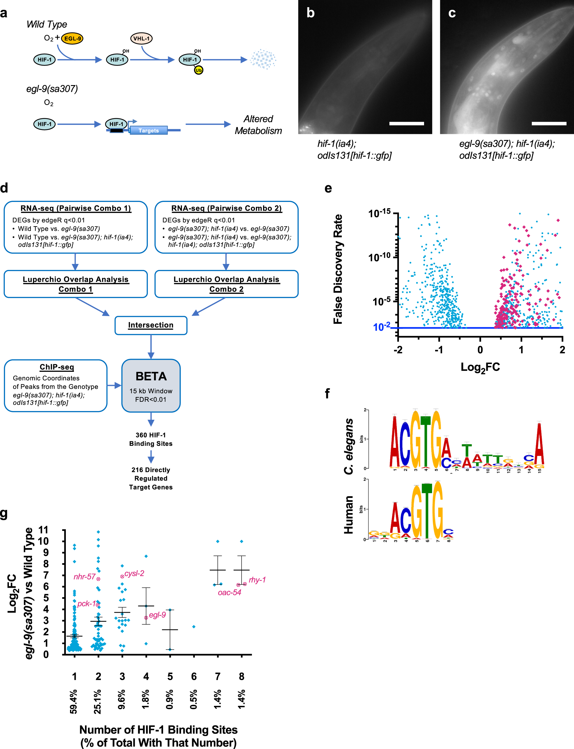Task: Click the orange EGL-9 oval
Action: (72, 38)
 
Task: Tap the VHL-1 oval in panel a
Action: (141, 38)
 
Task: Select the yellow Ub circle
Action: (198, 70)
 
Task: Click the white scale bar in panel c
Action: (549, 123)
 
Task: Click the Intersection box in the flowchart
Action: (151, 325)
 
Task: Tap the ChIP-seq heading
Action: (57, 367)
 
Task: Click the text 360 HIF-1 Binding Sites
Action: (151, 439)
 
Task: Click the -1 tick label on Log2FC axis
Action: (439, 350)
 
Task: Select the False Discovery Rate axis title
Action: (338, 269)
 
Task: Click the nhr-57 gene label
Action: (84, 577)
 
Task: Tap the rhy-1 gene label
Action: (257, 580)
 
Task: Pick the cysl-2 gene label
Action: (134, 573)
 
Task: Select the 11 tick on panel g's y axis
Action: (43, 530)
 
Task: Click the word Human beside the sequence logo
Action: (348, 515)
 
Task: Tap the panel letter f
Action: (327, 393)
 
